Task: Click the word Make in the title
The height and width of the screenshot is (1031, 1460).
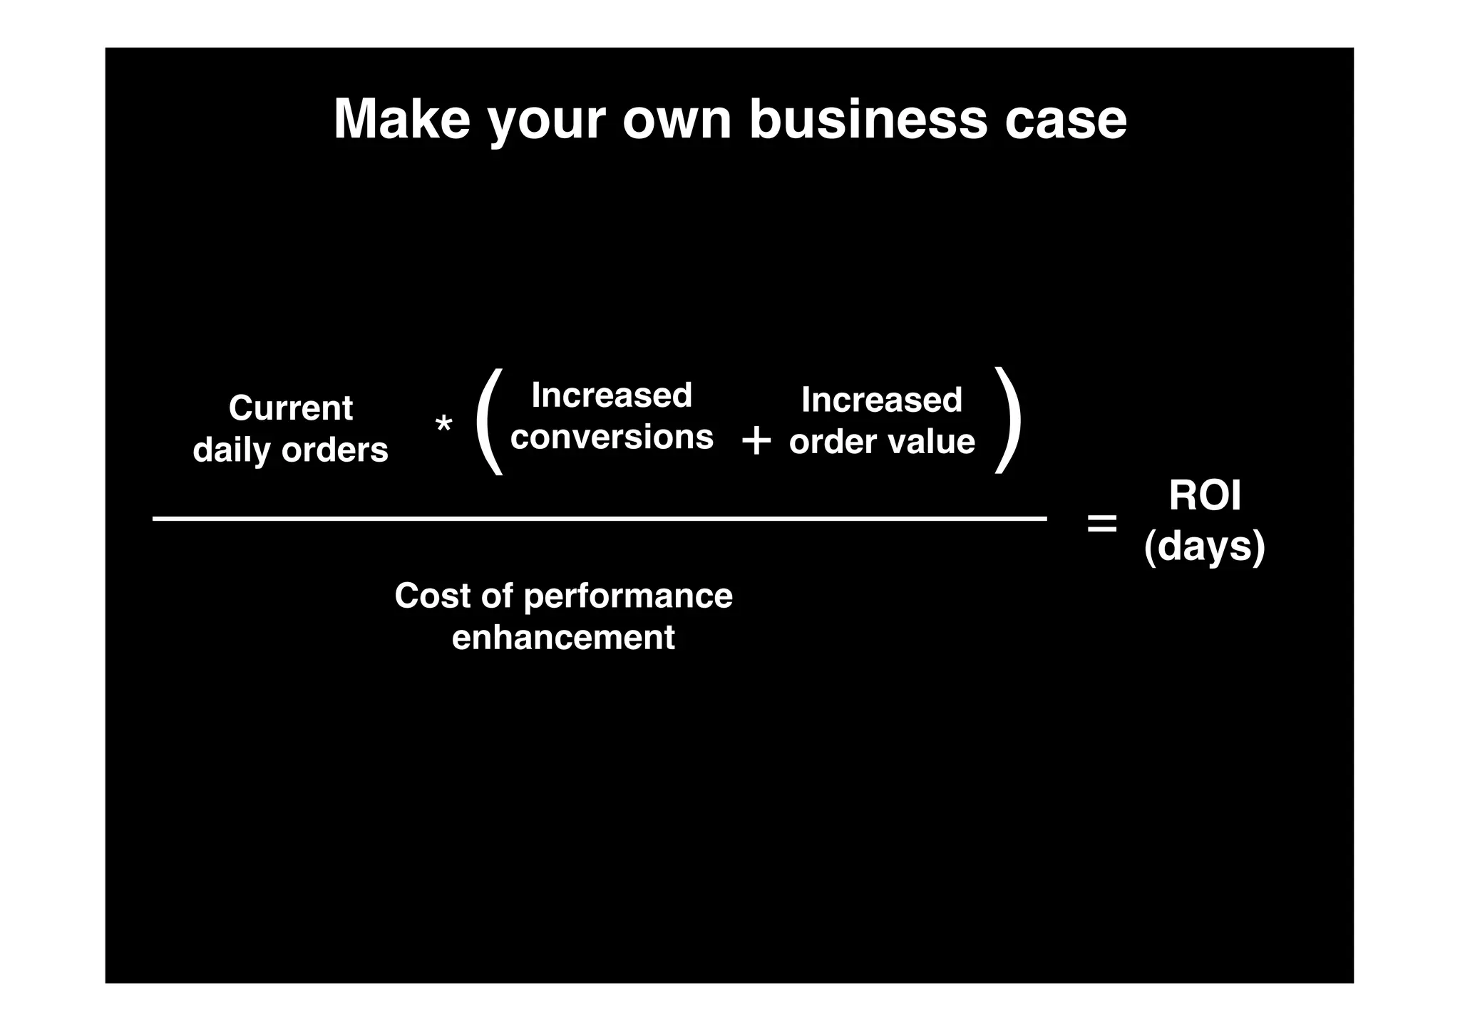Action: coord(402,118)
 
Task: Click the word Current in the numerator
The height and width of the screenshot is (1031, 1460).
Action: coord(290,408)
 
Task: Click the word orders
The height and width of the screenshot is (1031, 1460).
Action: coord(334,450)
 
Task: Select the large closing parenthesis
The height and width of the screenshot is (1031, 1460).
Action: coord(1007,420)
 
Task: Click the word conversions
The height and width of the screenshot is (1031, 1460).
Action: coord(612,437)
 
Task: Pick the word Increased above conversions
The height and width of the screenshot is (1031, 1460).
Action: coord(612,395)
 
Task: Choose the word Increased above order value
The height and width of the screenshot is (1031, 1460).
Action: coord(881,400)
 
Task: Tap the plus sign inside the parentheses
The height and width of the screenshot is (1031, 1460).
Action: coord(756,441)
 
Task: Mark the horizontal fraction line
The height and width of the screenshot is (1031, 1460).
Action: coord(599,519)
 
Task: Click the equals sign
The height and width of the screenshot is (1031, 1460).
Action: coord(1101,524)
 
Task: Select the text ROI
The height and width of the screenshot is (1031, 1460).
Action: coord(1204,495)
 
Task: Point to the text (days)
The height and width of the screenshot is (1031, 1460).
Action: coord(1204,546)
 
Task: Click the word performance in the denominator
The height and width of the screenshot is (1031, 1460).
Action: coord(628,596)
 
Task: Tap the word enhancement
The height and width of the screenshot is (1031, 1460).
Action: coord(563,637)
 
